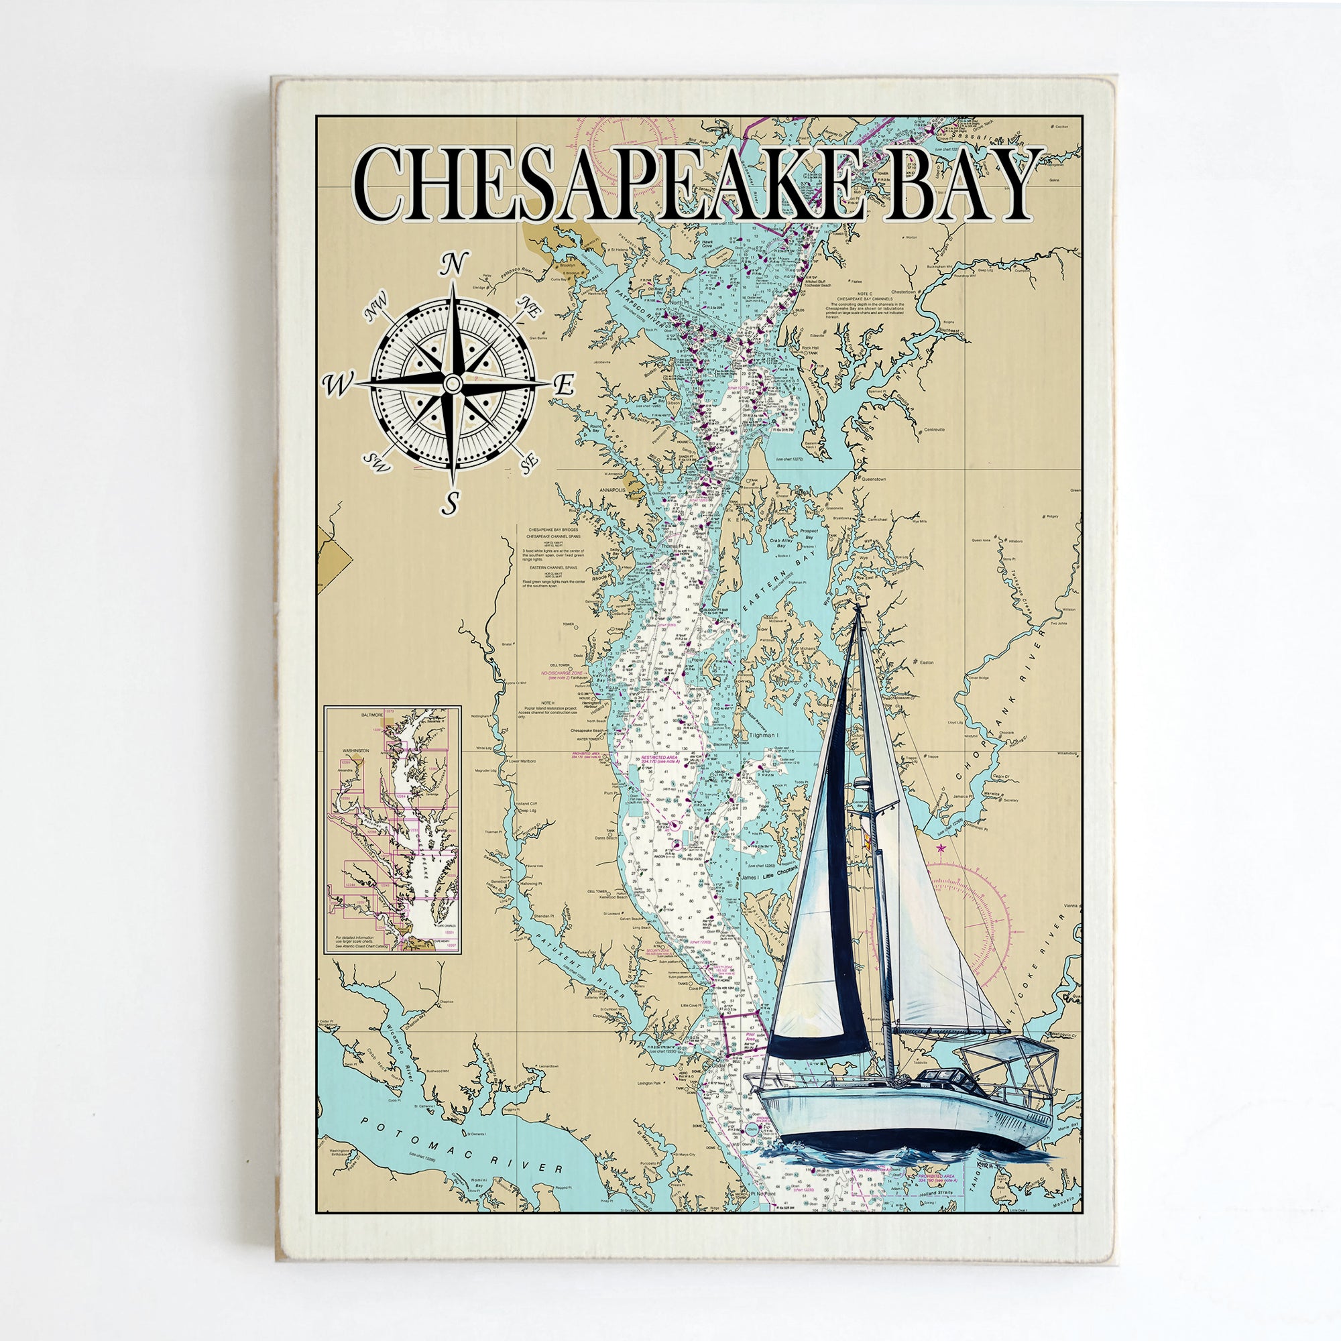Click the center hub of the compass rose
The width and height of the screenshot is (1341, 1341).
[453, 382]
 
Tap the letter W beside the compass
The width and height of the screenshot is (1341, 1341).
[340, 382]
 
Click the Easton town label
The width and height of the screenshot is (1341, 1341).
[927, 662]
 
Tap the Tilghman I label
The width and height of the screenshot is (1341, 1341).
[763, 735]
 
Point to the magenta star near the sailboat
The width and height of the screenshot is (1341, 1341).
[941, 848]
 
